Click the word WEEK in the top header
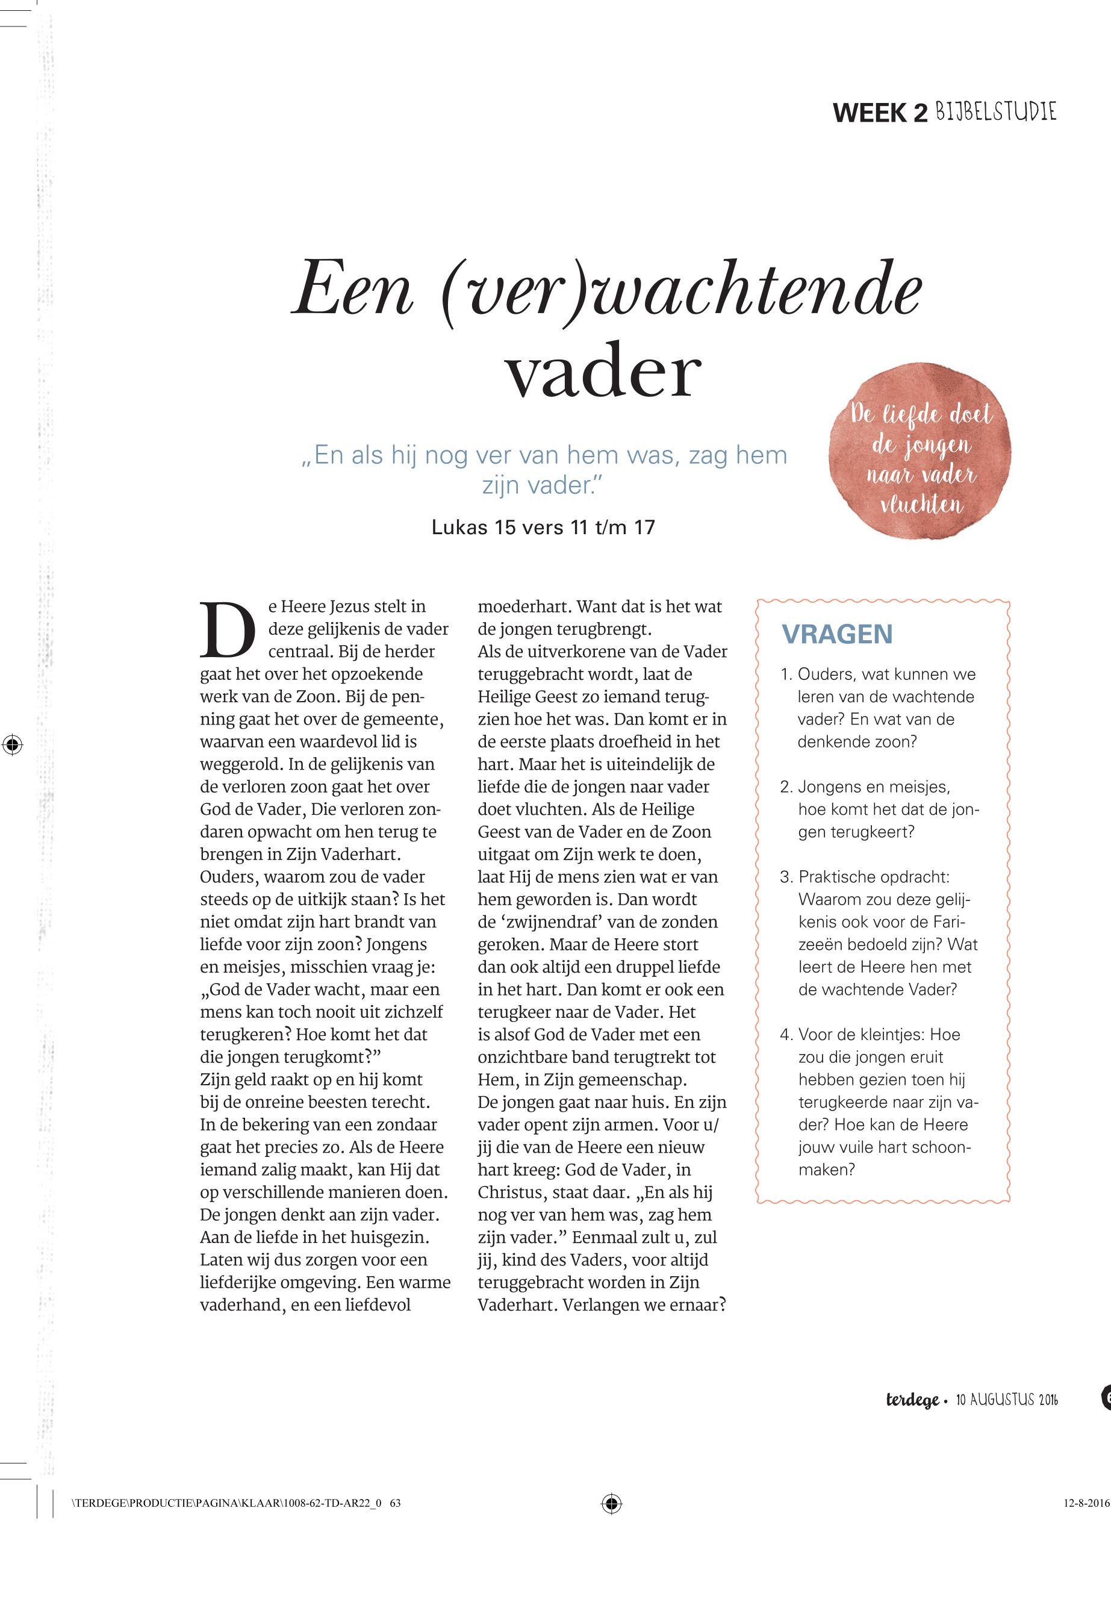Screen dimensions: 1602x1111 pos(870,113)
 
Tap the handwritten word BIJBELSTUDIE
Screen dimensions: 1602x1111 pos(995,111)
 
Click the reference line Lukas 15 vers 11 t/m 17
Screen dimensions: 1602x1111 pos(543,527)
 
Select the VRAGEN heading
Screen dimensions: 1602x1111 pos(837,634)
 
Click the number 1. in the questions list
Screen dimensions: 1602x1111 pos(786,674)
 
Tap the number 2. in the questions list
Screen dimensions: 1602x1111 pos(786,787)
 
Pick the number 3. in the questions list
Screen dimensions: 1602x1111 pos(786,876)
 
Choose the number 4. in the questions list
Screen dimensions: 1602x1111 pos(786,1034)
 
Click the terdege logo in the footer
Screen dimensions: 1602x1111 pos(912,1400)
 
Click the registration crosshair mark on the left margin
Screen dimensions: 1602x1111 pos(12,744)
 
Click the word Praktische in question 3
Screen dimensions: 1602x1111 pos(835,876)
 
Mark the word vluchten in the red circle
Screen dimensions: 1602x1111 pos(922,504)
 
